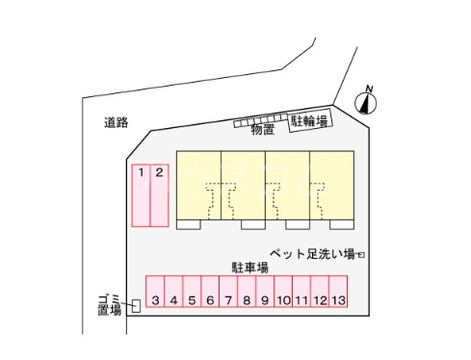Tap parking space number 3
click(155, 294)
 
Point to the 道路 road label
click(117, 122)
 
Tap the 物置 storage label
click(262, 128)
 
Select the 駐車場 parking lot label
click(248, 264)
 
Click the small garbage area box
click(136, 307)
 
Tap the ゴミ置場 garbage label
click(109, 304)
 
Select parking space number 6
click(210, 294)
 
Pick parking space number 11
click(301, 294)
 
